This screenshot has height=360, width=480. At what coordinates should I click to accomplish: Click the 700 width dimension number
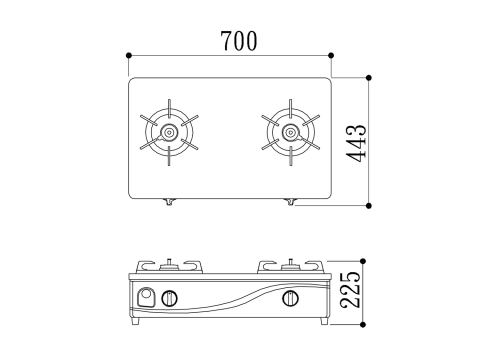click(x=239, y=41)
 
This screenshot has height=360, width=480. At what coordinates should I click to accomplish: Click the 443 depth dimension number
click(x=356, y=143)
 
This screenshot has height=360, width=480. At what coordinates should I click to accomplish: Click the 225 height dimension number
click(x=351, y=289)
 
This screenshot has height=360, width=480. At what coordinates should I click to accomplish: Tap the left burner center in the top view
click(x=169, y=132)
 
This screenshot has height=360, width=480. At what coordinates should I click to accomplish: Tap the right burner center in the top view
click(x=291, y=132)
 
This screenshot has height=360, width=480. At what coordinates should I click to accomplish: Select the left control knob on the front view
click(x=169, y=298)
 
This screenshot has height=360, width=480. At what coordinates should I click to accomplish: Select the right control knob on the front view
click(x=291, y=298)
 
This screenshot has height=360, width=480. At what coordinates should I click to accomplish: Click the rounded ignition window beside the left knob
click(x=146, y=297)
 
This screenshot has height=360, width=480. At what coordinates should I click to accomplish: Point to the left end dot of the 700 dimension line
click(x=129, y=55)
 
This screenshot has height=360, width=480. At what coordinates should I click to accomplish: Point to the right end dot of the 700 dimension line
click(x=331, y=55)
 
